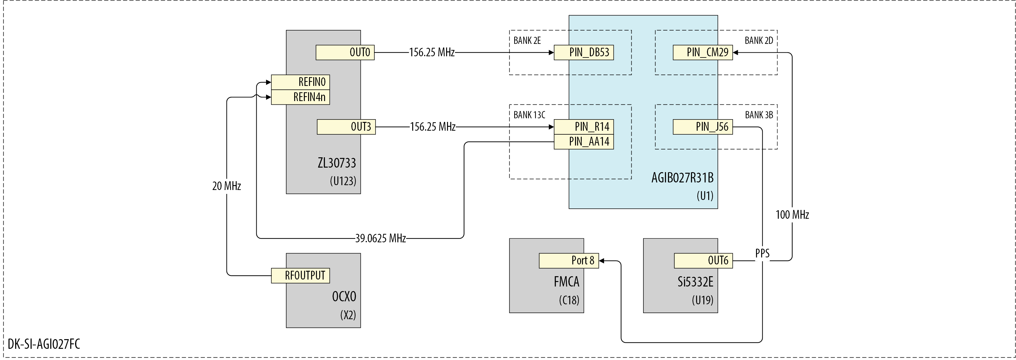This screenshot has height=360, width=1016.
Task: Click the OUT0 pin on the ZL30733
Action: pyautogui.click(x=345, y=52)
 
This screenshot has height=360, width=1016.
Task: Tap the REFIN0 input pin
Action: pyautogui.click(x=301, y=82)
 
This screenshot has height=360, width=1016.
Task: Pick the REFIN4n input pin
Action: pyautogui.click(x=301, y=97)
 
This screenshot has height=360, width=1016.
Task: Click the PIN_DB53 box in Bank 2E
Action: pyautogui.click(x=584, y=52)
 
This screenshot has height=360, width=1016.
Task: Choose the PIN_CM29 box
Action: pyautogui.click(x=703, y=52)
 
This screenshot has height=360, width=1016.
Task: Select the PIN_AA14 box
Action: pyautogui.click(x=584, y=142)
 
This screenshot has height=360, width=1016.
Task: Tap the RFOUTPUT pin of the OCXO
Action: pyautogui.click(x=301, y=276)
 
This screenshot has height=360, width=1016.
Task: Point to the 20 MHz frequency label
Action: pyautogui.click(x=226, y=186)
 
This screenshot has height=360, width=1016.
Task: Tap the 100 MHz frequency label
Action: pyautogui.click(x=792, y=215)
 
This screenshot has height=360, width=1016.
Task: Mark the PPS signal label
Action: pyautogui.click(x=762, y=254)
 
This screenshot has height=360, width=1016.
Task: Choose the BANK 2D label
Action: pyautogui.click(x=759, y=41)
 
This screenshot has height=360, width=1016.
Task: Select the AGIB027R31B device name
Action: pyautogui.click(x=682, y=178)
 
